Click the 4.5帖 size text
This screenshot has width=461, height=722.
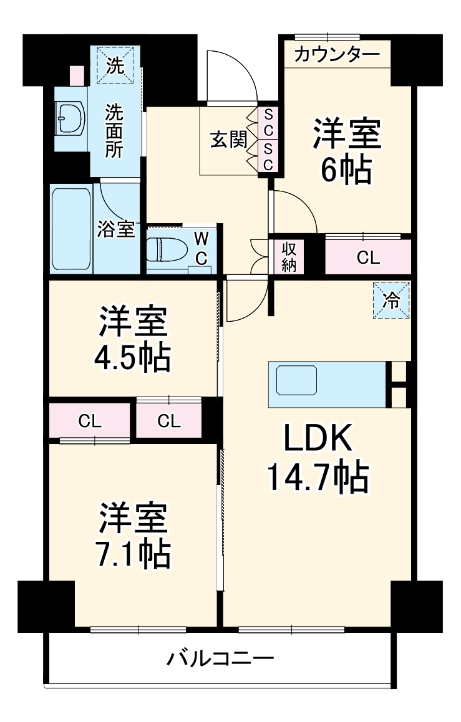point(132,357)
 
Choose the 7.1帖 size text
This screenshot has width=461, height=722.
point(132,552)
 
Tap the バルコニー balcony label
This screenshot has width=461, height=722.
point(220,658)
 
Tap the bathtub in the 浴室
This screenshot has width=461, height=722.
point(72,228)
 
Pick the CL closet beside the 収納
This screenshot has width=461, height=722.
point(368,258)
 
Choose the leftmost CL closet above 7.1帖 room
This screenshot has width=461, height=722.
point(89,421)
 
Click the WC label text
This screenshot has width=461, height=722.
point(201,248)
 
